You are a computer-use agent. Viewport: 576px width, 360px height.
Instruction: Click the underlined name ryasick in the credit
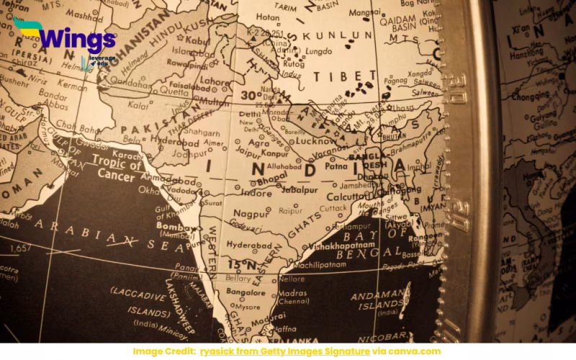tap(220, 351)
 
